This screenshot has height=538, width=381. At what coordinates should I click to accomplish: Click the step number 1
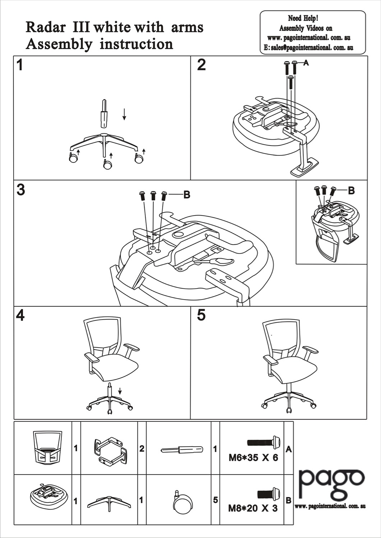tap(20, 65)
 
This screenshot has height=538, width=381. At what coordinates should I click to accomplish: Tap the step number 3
tap(21, 190)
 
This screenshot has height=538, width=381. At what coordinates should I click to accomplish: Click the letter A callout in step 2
tap(306, 63)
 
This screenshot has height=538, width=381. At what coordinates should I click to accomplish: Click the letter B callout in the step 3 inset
tap(351, 190)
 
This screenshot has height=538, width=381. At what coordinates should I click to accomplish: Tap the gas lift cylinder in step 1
tap(104, 113)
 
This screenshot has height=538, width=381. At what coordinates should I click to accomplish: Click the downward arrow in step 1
tap(124, 114)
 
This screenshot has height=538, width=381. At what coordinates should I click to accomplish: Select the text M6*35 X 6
tap(253, 458)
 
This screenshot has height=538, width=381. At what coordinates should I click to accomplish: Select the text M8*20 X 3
tap(253, 508)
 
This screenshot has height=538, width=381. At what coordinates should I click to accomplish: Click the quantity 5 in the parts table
tap(215, 500)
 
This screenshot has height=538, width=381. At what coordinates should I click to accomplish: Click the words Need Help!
tap(303, 18)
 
